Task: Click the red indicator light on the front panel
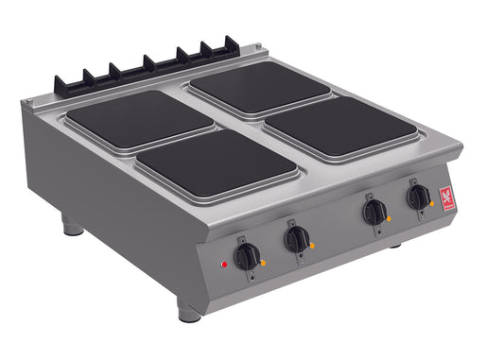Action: click(x=223, y=265)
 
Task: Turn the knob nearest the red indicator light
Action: click(x=248, y=254)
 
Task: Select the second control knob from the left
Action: click(x=297, y=238)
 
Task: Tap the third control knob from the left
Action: click(x=375, y=212)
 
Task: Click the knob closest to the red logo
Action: click(x=417, y=197)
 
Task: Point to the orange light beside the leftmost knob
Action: click(x=263, y=262)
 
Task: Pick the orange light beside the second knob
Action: click(x=311, y=245)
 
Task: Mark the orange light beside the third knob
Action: click(x=389, y=218)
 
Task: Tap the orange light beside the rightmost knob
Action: click(x=430, y=203)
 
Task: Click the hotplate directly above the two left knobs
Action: click(x=217, y=163)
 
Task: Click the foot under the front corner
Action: click(x=187, y=312)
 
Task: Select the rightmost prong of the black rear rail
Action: click(x=231, y=44)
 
